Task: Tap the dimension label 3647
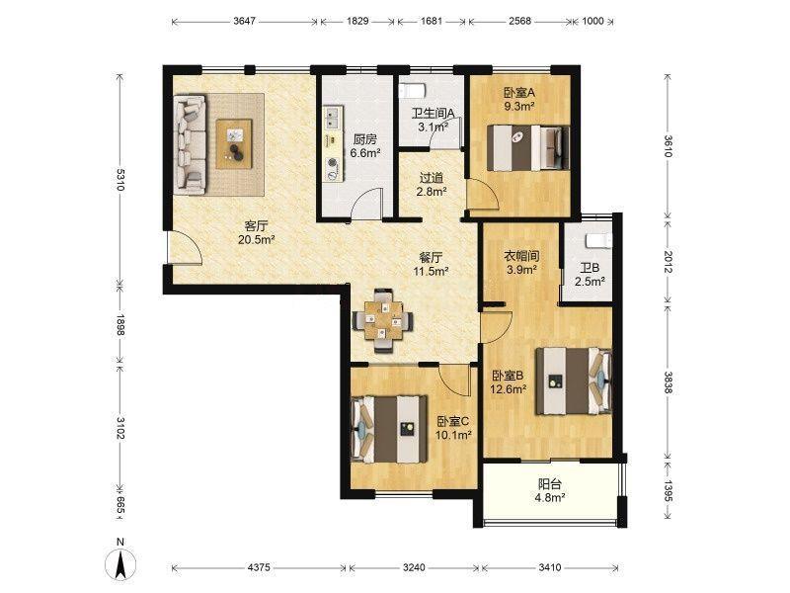click(x=244, y=21)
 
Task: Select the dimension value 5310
click(x=119, y=180)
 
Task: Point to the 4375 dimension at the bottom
click(x=259, y=567)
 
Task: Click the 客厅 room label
click(x=256, y=225)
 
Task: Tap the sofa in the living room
click(x=190, y=145)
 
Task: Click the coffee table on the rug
click(x=234, y=143)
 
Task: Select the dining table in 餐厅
click(x=383, y=319)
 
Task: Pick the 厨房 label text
click(x=364, y=139)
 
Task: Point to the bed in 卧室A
click(x=528, y=147)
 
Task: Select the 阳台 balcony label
click(x=550, y=484)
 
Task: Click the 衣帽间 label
click(x=521, y=256)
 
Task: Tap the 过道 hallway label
click(x=432, y=178)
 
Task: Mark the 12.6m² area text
click(x=509, y=388)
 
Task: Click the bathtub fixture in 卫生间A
click(x=413, y=91)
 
